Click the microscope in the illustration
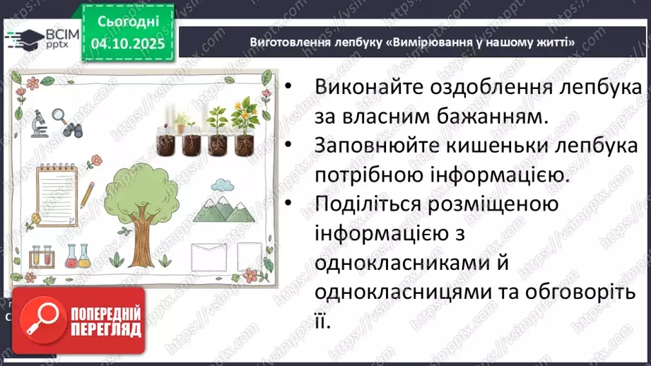click(39, 122)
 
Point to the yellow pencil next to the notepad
click(88, 194)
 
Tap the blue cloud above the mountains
click(223, 185)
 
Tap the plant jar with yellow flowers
click(242, 127)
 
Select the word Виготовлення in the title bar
click(285, 43)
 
